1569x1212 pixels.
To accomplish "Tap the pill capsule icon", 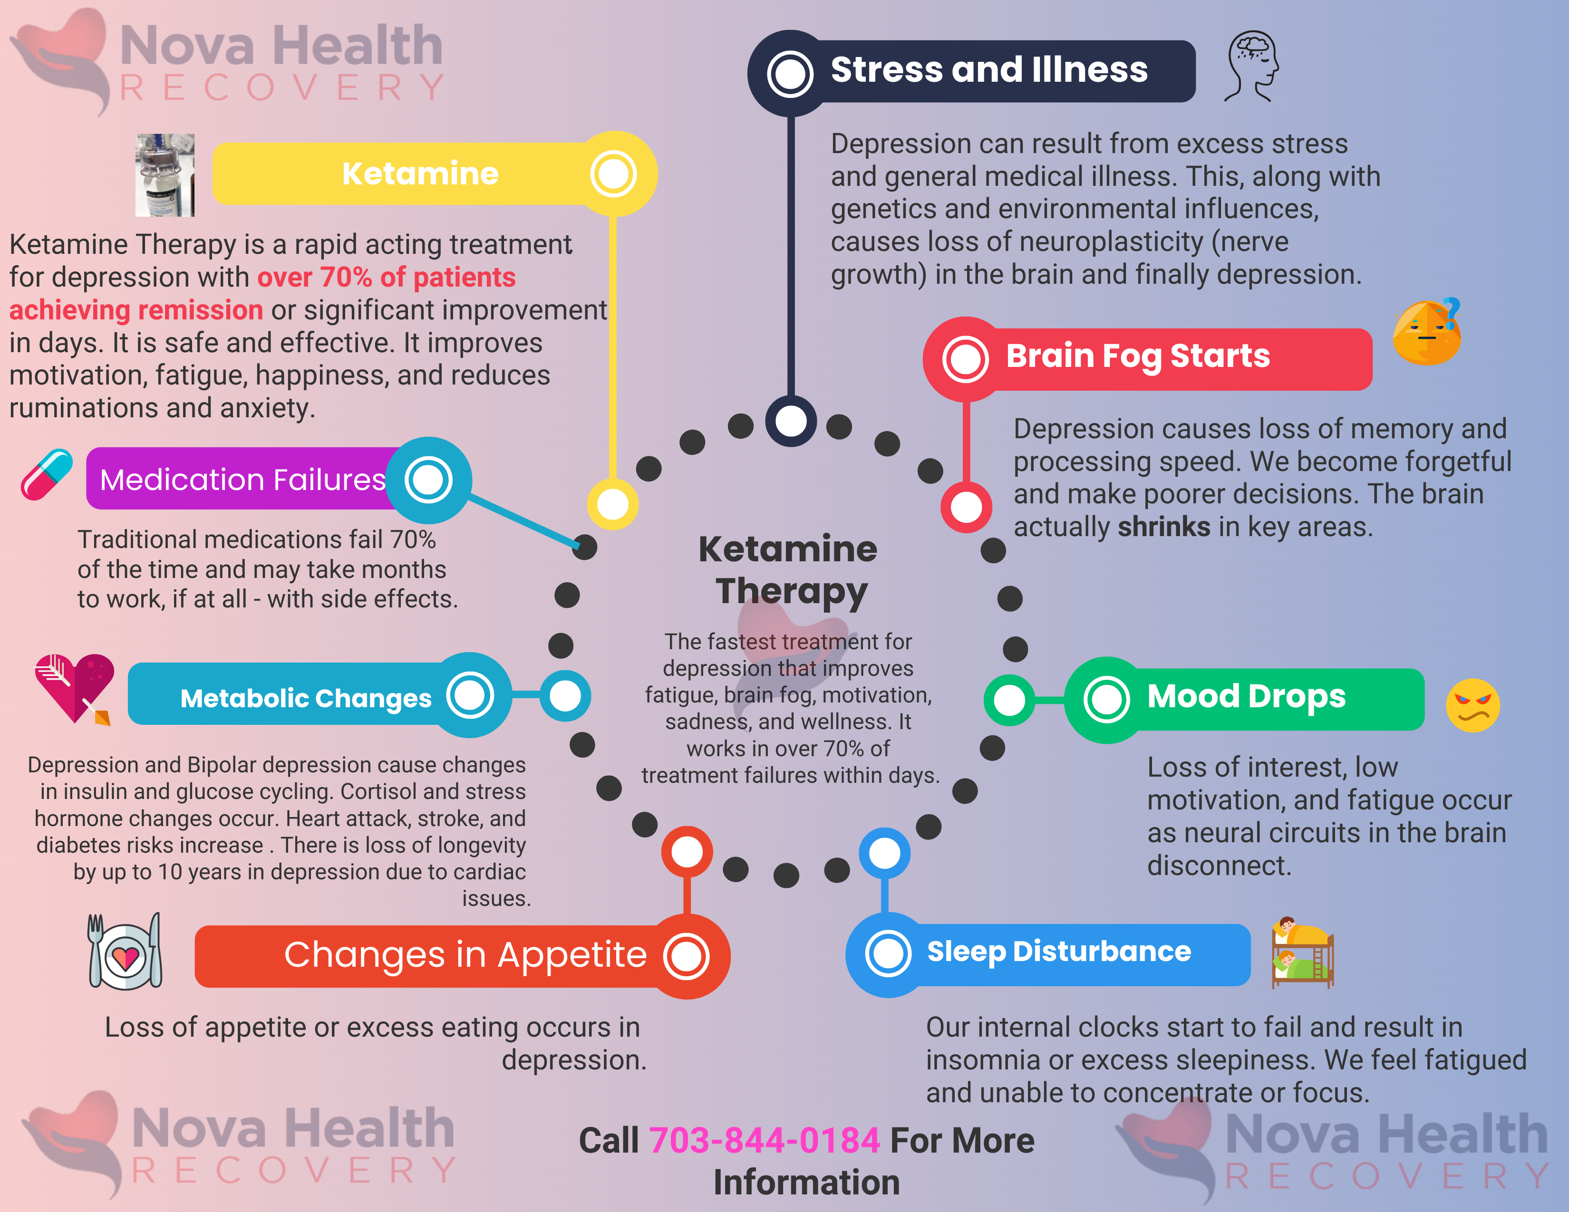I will [47, 475].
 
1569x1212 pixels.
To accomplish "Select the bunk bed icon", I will [1302, 953].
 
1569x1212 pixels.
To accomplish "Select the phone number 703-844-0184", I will [765, 1140].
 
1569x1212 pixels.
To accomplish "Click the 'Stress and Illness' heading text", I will [988, 70].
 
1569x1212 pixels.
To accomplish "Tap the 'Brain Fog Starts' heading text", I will [1137, 356].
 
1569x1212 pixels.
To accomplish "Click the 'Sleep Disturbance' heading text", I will [1058, 952].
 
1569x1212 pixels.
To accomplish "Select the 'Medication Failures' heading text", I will [242, 480].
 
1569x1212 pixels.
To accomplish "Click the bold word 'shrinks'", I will [1163, 527].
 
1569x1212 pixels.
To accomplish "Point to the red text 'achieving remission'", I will [136, 310].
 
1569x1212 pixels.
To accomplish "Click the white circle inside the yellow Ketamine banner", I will [613, 174].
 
